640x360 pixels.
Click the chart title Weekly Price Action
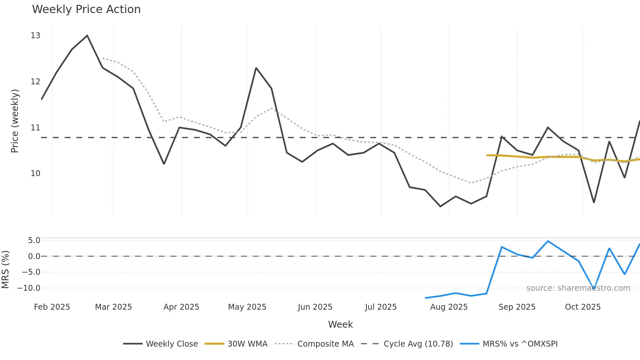(86, 9)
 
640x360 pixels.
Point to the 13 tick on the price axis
(35, 36)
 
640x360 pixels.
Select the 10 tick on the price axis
(35, 173)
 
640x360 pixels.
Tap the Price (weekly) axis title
(15, 121)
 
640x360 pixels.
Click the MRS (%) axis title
(6, 270)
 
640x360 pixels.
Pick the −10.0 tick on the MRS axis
(29, 288)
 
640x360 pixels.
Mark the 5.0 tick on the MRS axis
(34, 240)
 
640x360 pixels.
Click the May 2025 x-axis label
(247, 307)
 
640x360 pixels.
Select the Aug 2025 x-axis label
(449, 307)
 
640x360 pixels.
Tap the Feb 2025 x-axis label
(52, 307)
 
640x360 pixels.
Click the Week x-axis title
(340, 324)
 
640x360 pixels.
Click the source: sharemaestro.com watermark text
(578, 288)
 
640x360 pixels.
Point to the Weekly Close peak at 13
(87, 36)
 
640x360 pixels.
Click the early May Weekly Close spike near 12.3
(256, 68)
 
